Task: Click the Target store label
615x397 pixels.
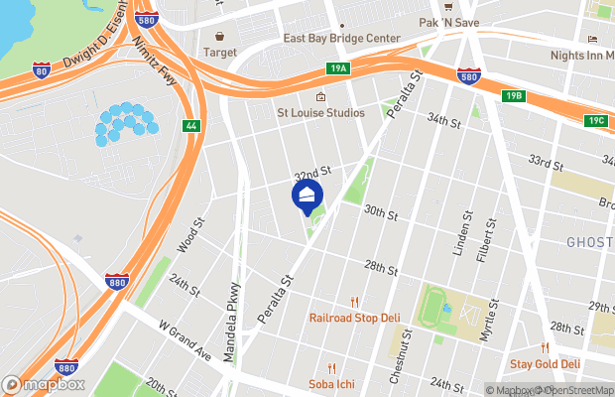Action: pos(220,51)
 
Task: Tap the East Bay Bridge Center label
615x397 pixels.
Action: pos(341,39)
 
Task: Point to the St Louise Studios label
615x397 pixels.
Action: pos(319,112)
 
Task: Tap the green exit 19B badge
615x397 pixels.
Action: pos(512,96)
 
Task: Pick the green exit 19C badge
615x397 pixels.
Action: pos(595,120)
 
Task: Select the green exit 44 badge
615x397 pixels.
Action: pos(190,125)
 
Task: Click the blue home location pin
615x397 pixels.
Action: pos(307,194)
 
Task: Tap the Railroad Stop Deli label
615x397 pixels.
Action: pos(354,318)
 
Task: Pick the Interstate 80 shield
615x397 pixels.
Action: pos(40,69)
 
